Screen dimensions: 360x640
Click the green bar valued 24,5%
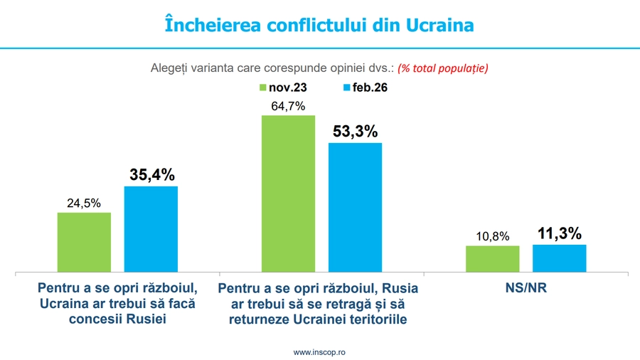[84, 242]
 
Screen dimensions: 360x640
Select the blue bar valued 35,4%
[151, 229]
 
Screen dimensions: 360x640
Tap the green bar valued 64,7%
[288, 194]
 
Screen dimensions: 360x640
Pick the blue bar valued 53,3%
[355, 207]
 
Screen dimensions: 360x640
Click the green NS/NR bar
[492, 259]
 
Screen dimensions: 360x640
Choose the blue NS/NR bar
[559, 258]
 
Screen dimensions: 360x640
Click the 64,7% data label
[288, 106]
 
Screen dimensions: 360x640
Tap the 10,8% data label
[492, 236]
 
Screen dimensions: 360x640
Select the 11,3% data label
[560, 233]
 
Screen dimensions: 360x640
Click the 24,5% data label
[84, 203]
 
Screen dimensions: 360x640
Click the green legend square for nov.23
[262, 88]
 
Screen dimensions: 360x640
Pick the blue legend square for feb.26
[346, 88]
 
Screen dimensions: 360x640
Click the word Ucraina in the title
[439, 25]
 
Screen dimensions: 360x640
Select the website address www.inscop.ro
[319, 352]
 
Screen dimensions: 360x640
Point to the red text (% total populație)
[442, 68]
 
